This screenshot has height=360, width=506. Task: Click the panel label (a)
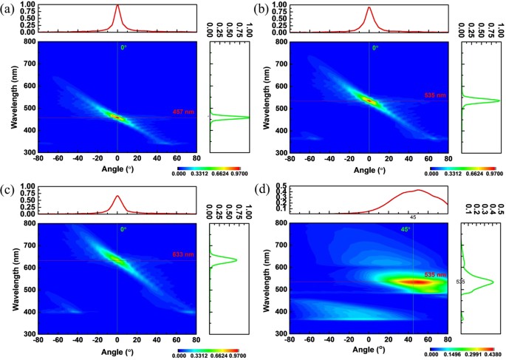(11, 9)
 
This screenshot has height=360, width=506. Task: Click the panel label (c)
(11, 189)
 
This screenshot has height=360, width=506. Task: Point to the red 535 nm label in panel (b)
(436, 96)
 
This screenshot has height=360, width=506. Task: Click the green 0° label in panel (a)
(124, 48)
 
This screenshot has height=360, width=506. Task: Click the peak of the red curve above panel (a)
(117, 6)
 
